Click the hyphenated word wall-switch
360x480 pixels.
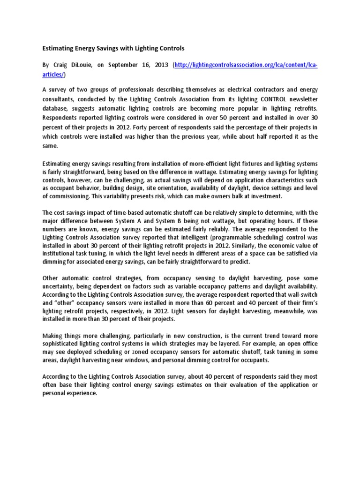point(303,293)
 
